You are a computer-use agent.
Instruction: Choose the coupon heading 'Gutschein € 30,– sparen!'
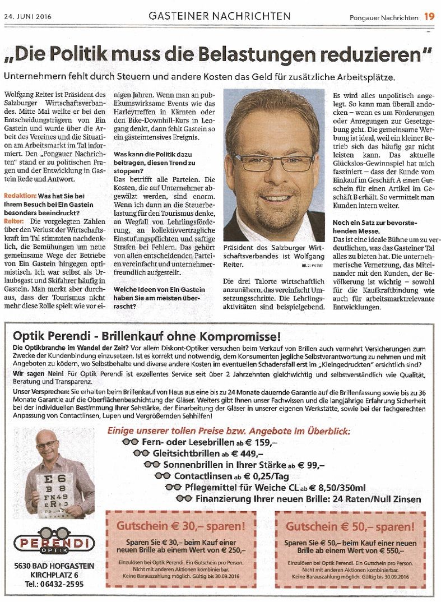pos(180,526)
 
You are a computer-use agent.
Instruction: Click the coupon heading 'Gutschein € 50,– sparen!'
pos(350,526)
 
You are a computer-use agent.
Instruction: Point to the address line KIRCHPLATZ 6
pos(54,575)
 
